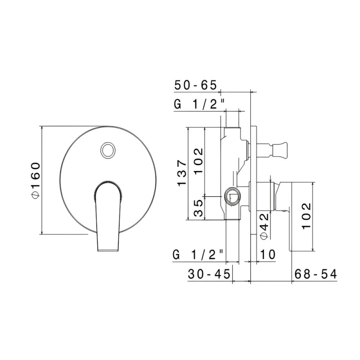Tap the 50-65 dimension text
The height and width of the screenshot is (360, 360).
(x=196, y=85)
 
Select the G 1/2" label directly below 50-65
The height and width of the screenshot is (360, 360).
(x=198, y=104)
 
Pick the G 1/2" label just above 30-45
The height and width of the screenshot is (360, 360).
(x=198, y=255)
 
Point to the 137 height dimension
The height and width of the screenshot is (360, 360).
(x=181, y=173)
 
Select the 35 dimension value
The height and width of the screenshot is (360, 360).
(x=199, y=208)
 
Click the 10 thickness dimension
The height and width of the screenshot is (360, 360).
(x=267, y=255)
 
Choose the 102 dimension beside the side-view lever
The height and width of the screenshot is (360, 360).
(x=306, y=216)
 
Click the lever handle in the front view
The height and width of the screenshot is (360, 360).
(x=108, y=216)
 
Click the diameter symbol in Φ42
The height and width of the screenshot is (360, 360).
(x=264, y=235)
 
